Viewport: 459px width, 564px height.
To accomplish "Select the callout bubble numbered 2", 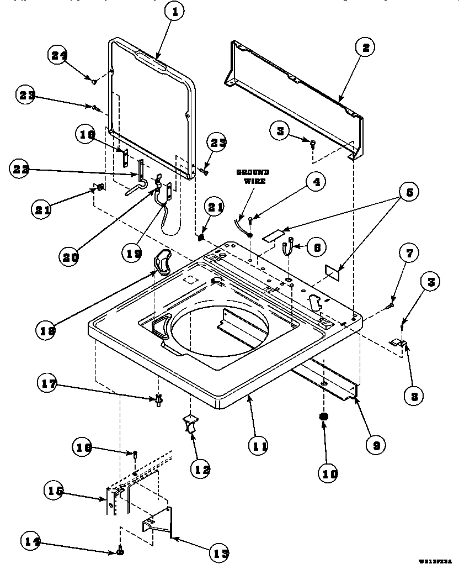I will pyautogui.click(x=365, y=48).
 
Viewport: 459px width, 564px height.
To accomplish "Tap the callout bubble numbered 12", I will pyautogui.click(x=201, y=470).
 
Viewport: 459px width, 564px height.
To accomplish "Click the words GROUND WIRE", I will pyautogui.click(x=253, y=177).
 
